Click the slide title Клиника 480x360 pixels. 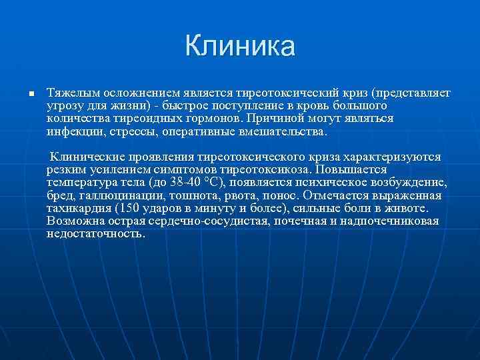pyautogui.click(x=240, y=46)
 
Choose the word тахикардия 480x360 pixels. pyautogui.click(x=81, y=208)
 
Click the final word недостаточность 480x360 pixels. pyautogui.click(x=95, y=234)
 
